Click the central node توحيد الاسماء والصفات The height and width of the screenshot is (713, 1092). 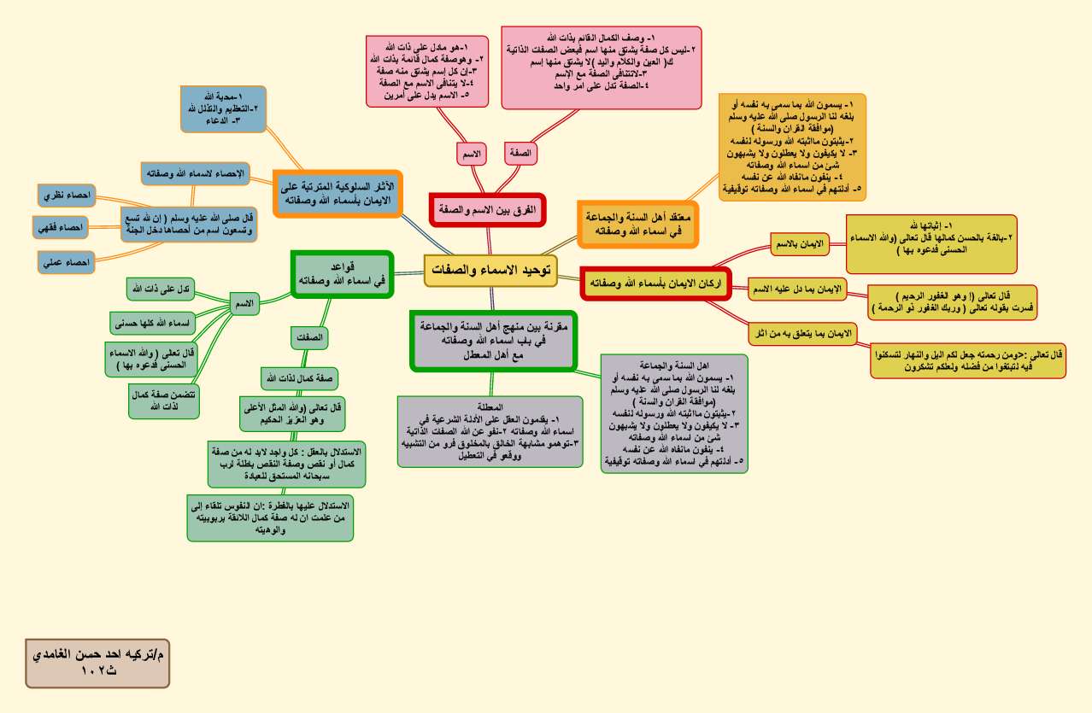point(490,270)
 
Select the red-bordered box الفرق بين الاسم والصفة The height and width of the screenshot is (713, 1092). point(487,209)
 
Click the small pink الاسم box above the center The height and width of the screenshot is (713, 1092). point(471,154)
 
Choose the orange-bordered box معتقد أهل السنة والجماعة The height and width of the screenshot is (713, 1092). point(638,225)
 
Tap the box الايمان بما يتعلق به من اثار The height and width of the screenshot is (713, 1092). point(802,333)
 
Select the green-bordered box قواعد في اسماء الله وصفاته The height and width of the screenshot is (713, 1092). point(341,273)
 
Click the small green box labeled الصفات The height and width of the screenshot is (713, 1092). point(308,338)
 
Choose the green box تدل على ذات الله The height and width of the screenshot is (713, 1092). point(161,289)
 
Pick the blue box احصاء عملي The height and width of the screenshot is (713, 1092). point(67,262)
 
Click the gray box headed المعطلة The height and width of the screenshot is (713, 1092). point(490,431)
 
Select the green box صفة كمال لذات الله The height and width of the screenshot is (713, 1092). point(300,377)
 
